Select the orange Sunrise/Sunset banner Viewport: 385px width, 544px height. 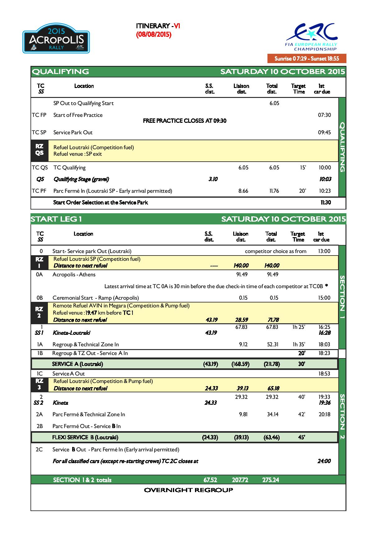tap(307, 58)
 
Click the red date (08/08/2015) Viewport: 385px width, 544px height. tap(154, 35)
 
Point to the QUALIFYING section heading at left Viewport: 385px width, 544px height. tap(60, 71)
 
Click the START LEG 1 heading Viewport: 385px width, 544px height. tap(56, 219)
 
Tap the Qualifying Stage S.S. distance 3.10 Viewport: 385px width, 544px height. tap(213, 179)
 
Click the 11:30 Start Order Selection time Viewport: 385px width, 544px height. tap(326, 202)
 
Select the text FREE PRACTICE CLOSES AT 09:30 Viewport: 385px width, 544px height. tap(184, 121)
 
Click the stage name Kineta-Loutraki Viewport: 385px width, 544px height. tap(71, 333)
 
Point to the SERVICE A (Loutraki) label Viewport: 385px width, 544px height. tap(77, 364)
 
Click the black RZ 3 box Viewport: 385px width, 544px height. tap(39, 385)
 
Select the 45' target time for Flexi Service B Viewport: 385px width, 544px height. tap(301, 437)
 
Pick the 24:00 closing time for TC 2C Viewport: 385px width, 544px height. tap(324, 461)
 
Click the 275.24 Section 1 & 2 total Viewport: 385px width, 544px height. tap(271, 480)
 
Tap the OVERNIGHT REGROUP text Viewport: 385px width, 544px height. tap(188, 490)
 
